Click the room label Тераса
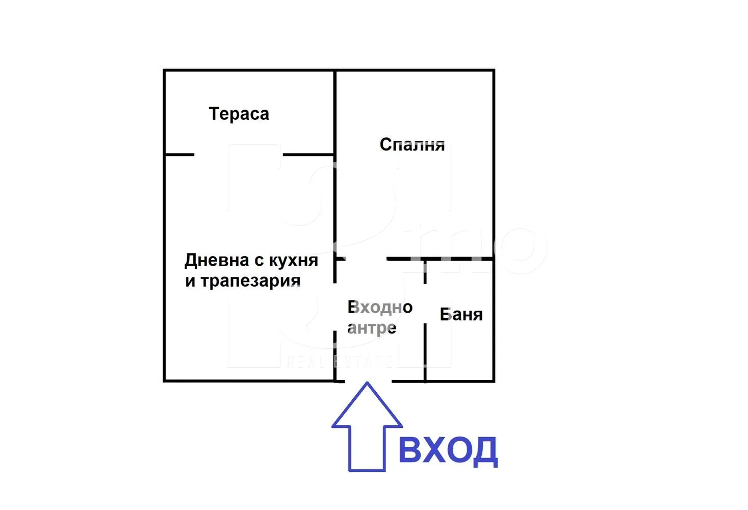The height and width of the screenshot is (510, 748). coord(239,114)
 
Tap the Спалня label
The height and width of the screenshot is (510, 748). coord(412,145)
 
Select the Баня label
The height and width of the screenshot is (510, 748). coord(461,315)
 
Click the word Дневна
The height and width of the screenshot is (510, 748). coord(217,260)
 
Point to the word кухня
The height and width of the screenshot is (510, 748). coord(293,261)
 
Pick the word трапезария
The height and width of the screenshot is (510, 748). coord(250,281)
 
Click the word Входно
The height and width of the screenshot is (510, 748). coord(380,307)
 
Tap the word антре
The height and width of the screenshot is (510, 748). coord(372,328)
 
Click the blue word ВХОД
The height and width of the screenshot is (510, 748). coord(447,450)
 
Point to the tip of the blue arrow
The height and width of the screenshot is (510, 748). coord(367,384)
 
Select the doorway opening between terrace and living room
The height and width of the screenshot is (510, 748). coord(238,155)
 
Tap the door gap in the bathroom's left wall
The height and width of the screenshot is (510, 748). coord(425,303)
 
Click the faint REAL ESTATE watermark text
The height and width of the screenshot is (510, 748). coord(339,362)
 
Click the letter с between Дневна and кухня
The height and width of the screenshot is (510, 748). coord(259,261)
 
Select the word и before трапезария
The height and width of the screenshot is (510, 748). coord(190,282)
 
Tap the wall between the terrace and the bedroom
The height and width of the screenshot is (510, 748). coord(334,112)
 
